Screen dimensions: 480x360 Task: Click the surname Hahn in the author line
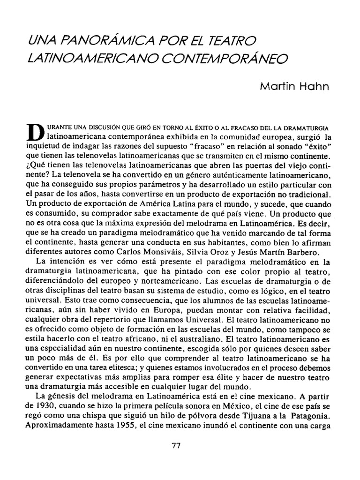click(317, 87)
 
